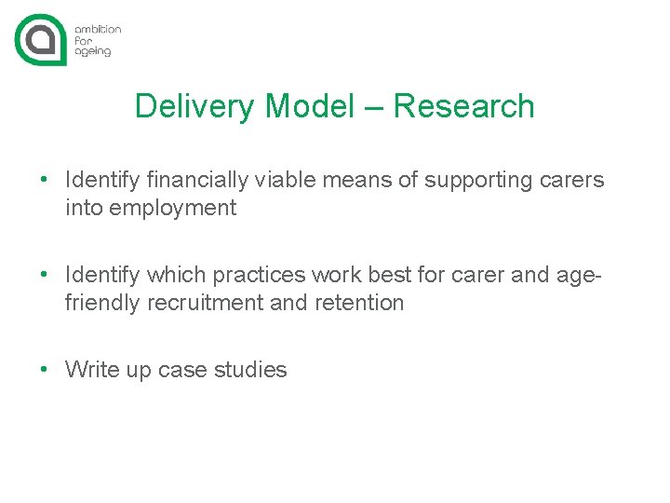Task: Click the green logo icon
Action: pyautogui.click(x=40, y=40)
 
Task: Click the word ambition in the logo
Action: pyautogui.click(x=98, y=29)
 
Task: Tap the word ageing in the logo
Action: pyautogui.click(x=93, y=52)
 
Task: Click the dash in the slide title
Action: pyautogui.click(x=373, y=107)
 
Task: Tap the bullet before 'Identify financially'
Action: pyautogui.click(x=44, y=180)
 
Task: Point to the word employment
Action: pyautogui.click(x=173, y=209)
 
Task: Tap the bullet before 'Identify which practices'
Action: pyautogui.click(x=44, y=275)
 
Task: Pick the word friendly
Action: pyautogui.click(x=102, y=303)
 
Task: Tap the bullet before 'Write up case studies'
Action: pyautogui.click(x=44, y=370)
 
